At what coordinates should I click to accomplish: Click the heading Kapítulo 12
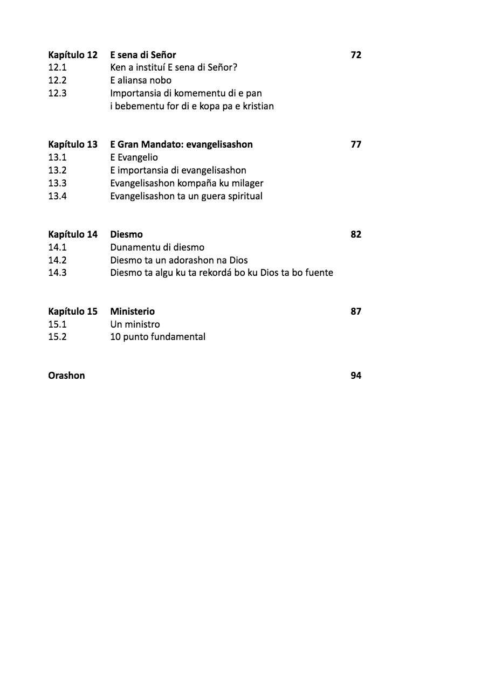pyautogui.click(x=73, y=55)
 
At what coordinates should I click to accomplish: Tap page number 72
pyautogui.click(x=356, y=55)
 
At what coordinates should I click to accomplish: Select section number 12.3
pyautogui.click(x=57, y=93)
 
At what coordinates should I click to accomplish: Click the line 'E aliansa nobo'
pyautogui.click(x=141, y=80)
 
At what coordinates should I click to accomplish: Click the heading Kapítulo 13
pyautogui.click(x=73, y=144)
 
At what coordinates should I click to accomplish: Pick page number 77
pyautogui.click(x=356, y=144)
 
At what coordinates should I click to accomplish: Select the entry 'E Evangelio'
pyautogui.click(x=134, y=157)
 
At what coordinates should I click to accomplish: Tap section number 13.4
pyautogui.click(x=57, y=196)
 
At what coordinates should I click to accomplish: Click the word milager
pyautogui.click(x=248, y=183)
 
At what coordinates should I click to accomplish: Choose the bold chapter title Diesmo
pyautogui.click(x=126, y=234)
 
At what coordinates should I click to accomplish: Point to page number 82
pyautogui.click(x=356, y=234)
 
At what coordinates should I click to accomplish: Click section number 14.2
pyautogui.click(x=57, y=260)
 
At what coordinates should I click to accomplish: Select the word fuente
pyautogui.click(x=319, y=273)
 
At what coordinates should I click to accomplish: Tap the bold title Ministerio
pyautogui.click(x=132, y=311)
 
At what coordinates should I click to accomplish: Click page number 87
pyautogui.click(x=356, y=311)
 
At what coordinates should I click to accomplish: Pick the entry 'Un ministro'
pyautogui.click(x=135, y=324)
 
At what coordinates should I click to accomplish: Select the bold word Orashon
pyautogui.click(x=66, y=376)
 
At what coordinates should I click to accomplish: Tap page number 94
pyautogui.click(x=356, y=376)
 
